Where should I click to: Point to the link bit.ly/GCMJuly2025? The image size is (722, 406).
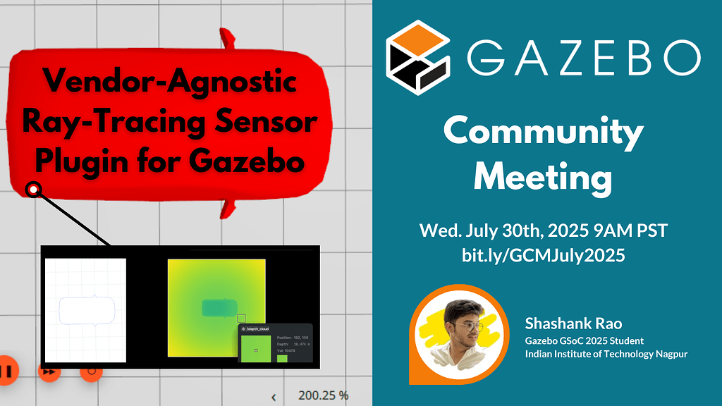pos(543,255)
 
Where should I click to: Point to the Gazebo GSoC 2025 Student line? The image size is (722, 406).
pos(584,340)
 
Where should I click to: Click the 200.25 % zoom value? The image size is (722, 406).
pos(323,395)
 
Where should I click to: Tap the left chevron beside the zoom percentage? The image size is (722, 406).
pos(274,396)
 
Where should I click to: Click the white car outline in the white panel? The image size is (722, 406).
pos(86,310)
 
